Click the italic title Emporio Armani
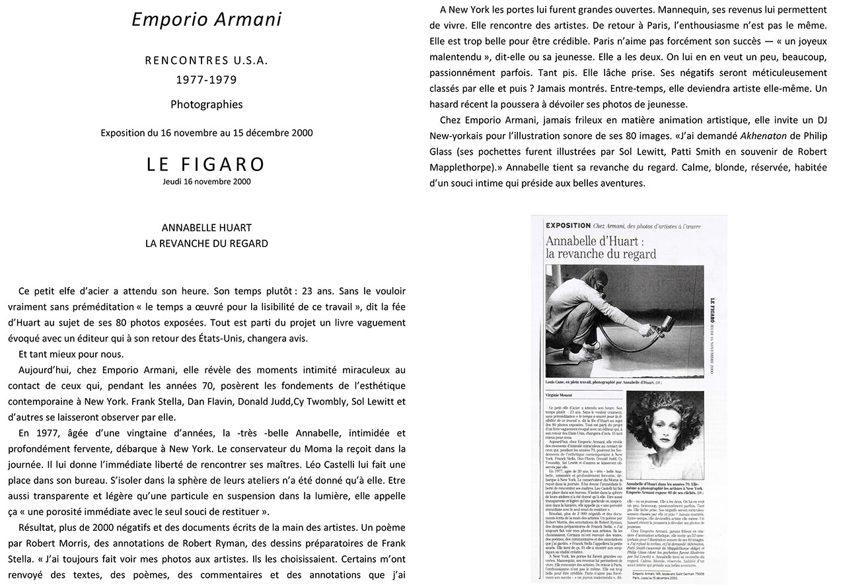207,20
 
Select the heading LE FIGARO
206,164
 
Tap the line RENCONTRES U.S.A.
207,61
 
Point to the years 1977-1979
207,80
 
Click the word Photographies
207,104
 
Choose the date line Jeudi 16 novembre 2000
206,182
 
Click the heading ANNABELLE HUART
207,228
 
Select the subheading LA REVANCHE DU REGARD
207,244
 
